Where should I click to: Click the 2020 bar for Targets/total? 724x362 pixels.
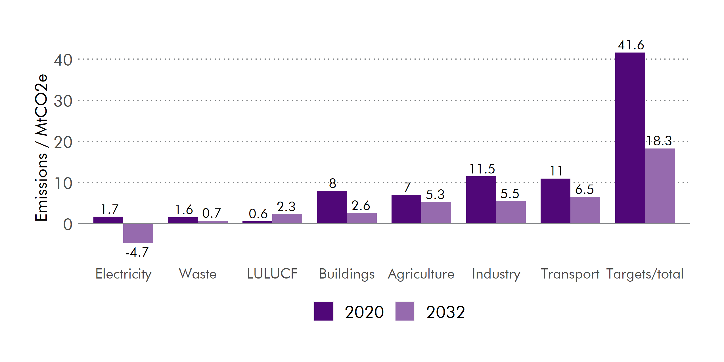coord(630,138)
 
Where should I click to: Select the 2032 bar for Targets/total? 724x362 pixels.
coord(660,186)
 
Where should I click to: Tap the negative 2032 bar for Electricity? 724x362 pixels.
coord(138,233)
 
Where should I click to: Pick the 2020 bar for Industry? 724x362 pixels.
coord(481,200)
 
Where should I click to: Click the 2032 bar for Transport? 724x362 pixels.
coord(585,210)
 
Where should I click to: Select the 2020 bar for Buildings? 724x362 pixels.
coord(332,207)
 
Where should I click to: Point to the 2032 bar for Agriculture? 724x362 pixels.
coord(436,213)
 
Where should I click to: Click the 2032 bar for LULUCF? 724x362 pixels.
coord(287,219)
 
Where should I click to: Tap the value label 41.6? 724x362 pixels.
coord(631,45)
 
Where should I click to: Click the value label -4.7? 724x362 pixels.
coord(137,252)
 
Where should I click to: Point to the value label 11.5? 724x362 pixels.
coord(482,169)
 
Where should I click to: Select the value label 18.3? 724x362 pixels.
coord(659,141)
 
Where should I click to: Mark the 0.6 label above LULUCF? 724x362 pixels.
coord(258,214)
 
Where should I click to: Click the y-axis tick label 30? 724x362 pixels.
coord(63,101)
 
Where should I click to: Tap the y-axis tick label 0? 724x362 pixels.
coord(68,225)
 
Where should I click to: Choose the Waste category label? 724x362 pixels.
coord(198,274)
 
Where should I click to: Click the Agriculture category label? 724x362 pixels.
coord(421,274)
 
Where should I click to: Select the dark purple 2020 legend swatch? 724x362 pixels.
coord(324,311)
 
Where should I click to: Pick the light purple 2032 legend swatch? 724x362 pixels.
coord(405,311)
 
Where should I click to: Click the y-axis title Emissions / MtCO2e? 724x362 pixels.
coord(41,148)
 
